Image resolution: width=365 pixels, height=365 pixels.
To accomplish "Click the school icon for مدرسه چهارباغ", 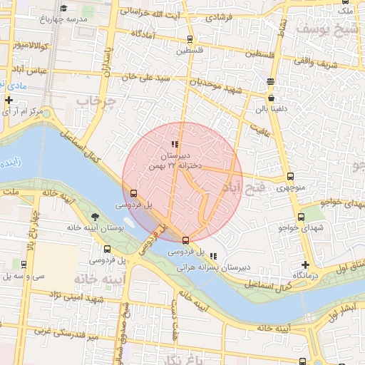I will [x=64, y=9].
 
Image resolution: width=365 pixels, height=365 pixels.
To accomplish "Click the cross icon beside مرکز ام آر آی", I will [x=9, y=101].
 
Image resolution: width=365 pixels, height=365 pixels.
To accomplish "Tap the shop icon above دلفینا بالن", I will [x=272, y=97].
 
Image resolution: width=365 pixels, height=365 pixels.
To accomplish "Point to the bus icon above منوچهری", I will [x=290, y=176].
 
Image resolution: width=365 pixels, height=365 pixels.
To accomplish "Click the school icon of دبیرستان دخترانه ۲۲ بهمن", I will [x=175, y=144].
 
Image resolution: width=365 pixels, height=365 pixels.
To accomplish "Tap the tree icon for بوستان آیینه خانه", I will [x=96, y=217].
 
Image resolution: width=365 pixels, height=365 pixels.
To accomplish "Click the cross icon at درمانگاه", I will [x=305, y=264].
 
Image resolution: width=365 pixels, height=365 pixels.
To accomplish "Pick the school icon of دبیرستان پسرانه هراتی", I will [x=213, y=256].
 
